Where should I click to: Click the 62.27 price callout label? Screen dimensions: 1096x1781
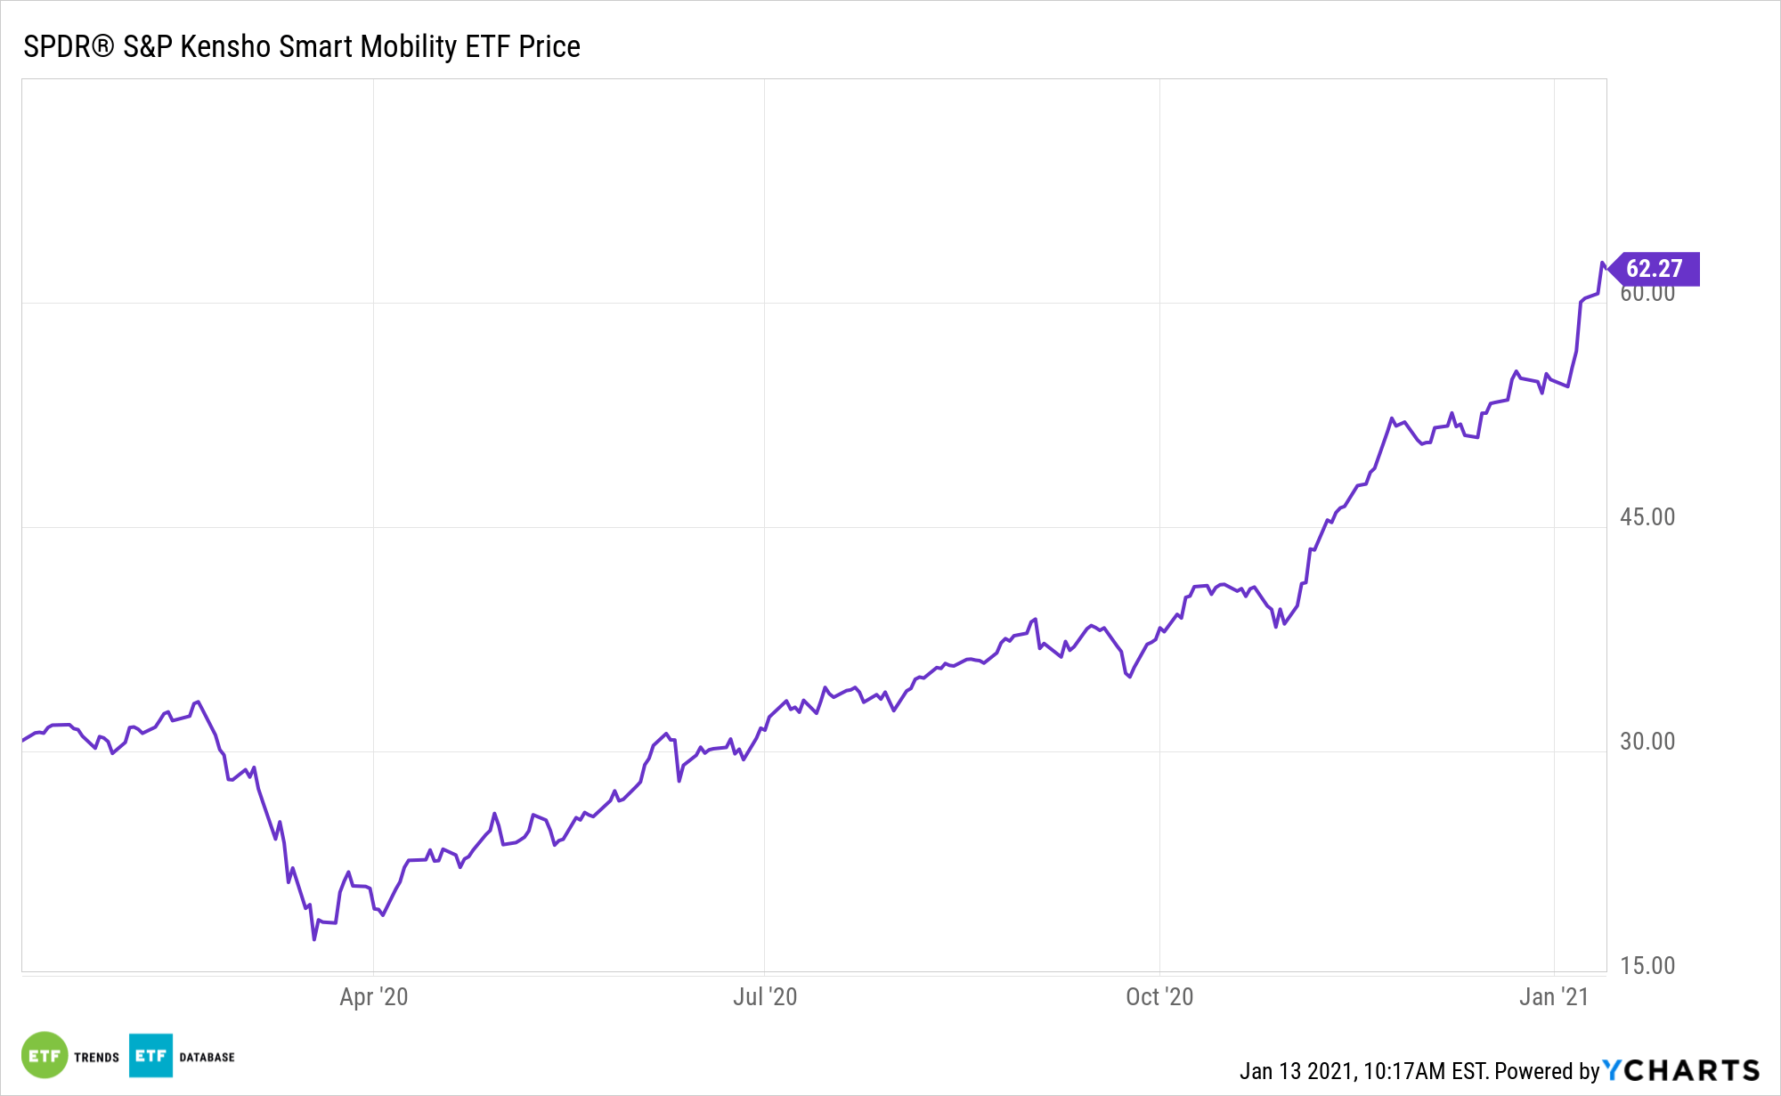click(1655, 269)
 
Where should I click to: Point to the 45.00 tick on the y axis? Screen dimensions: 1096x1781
click(1647, 517)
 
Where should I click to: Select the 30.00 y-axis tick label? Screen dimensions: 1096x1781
click(1647, 742)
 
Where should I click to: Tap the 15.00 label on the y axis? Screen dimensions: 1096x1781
click(1647, 966)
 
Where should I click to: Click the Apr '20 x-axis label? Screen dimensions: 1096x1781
click(373, 997)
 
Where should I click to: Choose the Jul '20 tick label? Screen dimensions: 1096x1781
click(764, 997)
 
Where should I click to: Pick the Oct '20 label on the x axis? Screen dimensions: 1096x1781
click(1159, 997)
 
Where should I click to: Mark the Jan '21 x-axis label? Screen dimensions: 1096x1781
click(1553, 997)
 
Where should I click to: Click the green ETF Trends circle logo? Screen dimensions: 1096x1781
click(45, 1055)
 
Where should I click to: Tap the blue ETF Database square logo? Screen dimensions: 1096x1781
click(150, 1055)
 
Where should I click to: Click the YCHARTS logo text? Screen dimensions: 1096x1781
click(1681, 1070)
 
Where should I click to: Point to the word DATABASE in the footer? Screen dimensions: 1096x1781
click(207, 1058)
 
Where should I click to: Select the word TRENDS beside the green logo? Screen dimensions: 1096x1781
click(96, 1058)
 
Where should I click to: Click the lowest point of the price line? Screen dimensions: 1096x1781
click(314, 939)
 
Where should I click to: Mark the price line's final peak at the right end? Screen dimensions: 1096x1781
click(1602, 264)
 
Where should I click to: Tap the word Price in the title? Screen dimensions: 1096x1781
click(549, 46)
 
